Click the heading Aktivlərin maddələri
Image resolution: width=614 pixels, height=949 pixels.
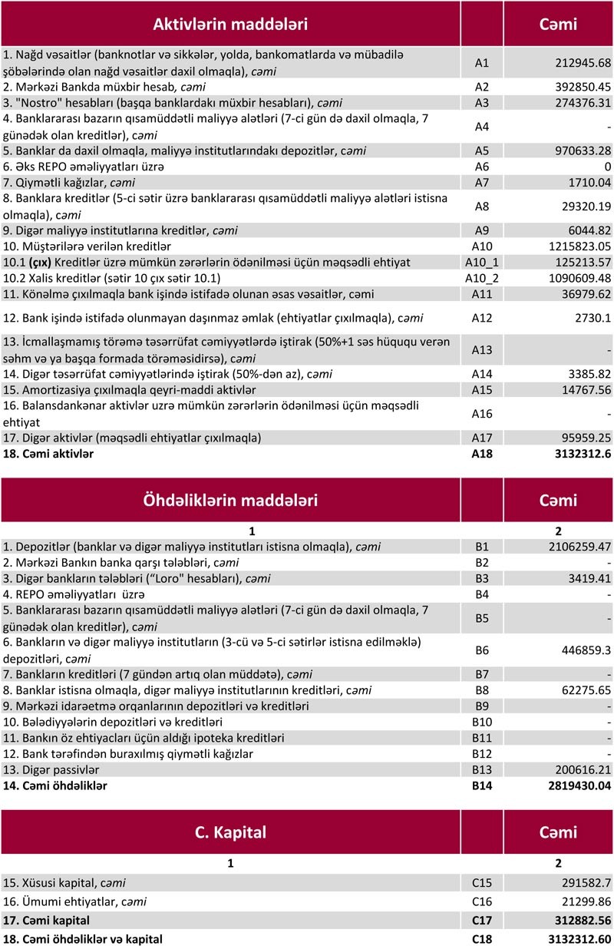[x=230, y=24]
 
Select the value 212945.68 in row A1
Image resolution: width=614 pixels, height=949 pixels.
[x=582, y=63]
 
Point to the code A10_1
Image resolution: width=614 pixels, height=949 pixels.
[x=482, y=263]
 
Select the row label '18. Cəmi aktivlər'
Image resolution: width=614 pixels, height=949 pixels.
[x=49, y=454]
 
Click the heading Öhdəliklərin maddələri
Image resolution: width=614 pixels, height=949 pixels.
[x=230, y=501]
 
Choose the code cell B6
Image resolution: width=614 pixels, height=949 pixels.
[x=482, y=650]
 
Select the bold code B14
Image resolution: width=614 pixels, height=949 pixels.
[x=482, y=785]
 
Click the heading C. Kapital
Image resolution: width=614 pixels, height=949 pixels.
[x=230, y=832]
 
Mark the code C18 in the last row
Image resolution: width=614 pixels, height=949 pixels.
[x=482, y=938]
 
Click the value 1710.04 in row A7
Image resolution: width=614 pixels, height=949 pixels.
[x=585, y=182]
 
